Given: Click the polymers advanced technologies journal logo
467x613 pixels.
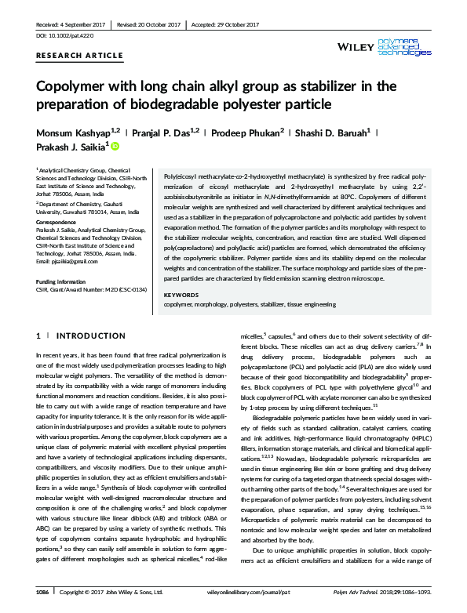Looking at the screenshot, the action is point(407,47).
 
